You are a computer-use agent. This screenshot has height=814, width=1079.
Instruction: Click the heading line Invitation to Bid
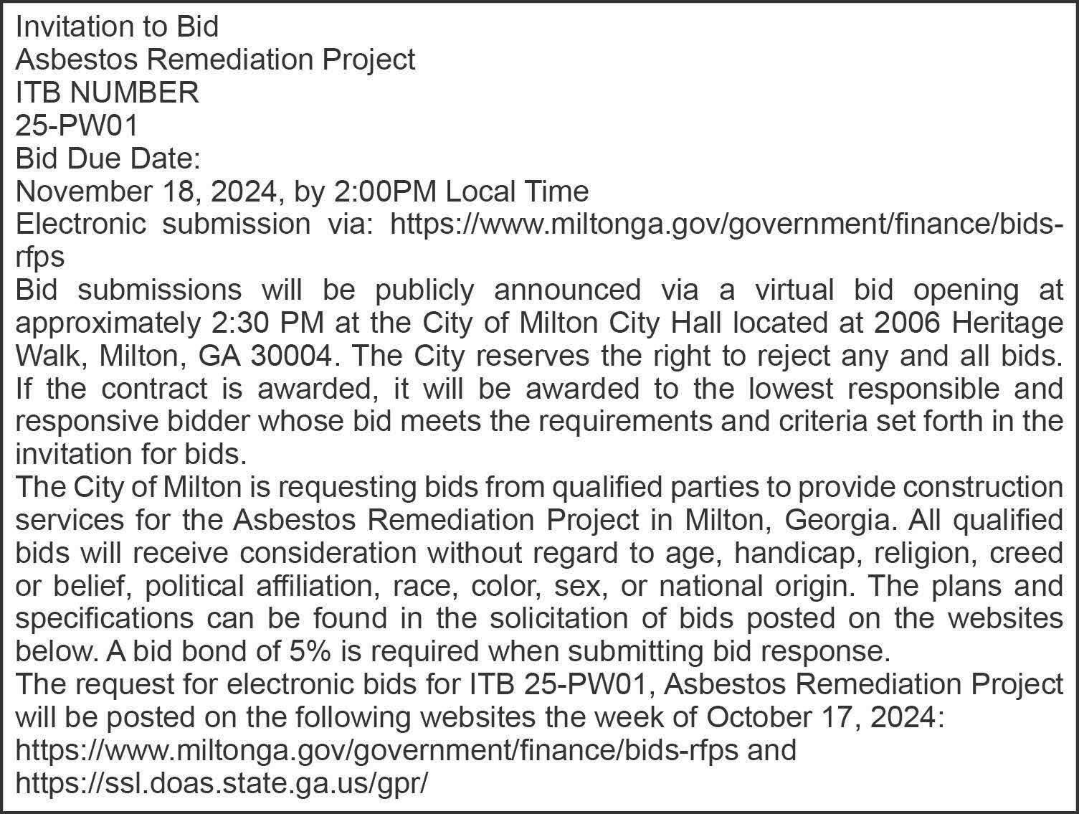(117, 27)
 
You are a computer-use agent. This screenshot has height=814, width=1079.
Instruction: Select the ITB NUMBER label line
(107, 93)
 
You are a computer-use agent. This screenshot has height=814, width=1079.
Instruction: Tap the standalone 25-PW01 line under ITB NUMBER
(76, 126)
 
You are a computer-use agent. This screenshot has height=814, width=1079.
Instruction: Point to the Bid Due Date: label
(108, 158)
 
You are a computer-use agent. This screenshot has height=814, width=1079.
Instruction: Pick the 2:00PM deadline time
(386, 191)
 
